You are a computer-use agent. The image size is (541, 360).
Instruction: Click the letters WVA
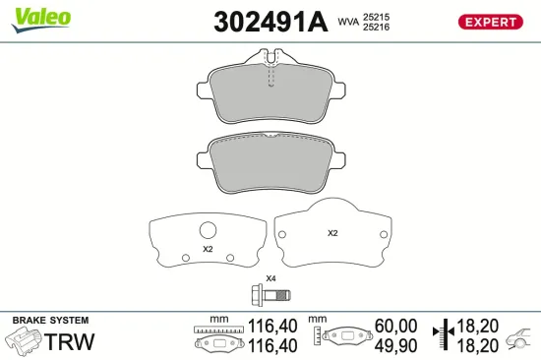[x=349, y=21]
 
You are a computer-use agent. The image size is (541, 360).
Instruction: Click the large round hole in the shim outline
[x=208, y=231]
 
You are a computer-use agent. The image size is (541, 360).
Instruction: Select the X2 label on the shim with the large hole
[x=208, y=249]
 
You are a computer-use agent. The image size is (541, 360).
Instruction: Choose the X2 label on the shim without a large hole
[x=332, y=233]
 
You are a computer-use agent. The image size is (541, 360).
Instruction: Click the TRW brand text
[x=71, y=340]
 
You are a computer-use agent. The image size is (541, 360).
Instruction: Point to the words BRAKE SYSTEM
[x=49, y=321]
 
